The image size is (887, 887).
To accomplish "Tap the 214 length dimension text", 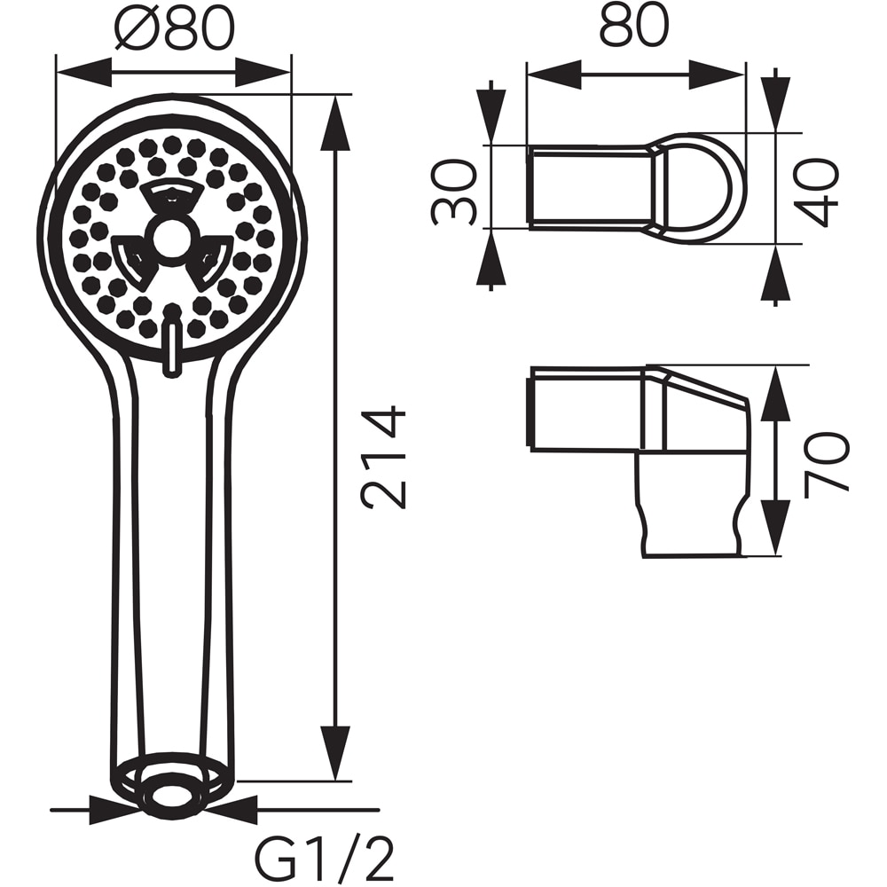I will [385, 457].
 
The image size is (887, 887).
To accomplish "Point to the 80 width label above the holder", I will [633, 27].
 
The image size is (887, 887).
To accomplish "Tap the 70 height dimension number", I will [826, 461].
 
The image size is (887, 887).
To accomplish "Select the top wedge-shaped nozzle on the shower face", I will [172, 197].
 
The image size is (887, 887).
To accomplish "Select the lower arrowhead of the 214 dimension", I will [335, 754].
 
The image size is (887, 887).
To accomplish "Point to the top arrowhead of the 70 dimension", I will [775, 395].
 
